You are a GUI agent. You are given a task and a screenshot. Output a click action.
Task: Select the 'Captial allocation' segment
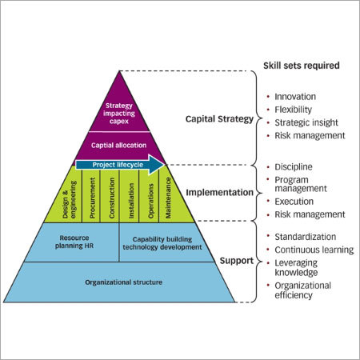click(120, 145)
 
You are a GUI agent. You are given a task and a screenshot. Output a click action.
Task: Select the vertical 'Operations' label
click(150, 197)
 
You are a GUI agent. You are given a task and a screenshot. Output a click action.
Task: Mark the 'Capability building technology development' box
click(166, 242)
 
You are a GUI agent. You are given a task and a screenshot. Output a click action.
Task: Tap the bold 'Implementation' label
click(219, 192)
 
